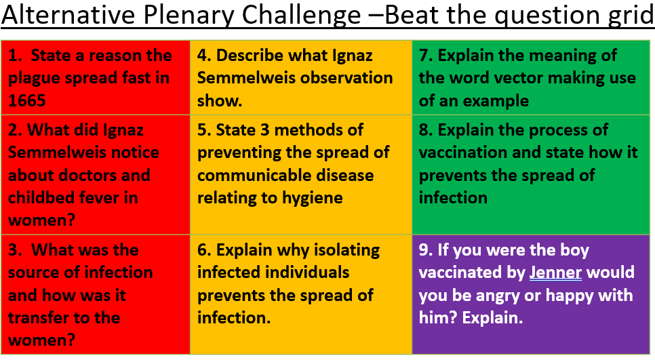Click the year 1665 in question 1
click(x=26, y=100)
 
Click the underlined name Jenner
click(x=555, y=273)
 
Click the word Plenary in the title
click(x=188, y=16)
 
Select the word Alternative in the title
click(x=68, y=15)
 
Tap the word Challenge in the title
click(x=301, y=16)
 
